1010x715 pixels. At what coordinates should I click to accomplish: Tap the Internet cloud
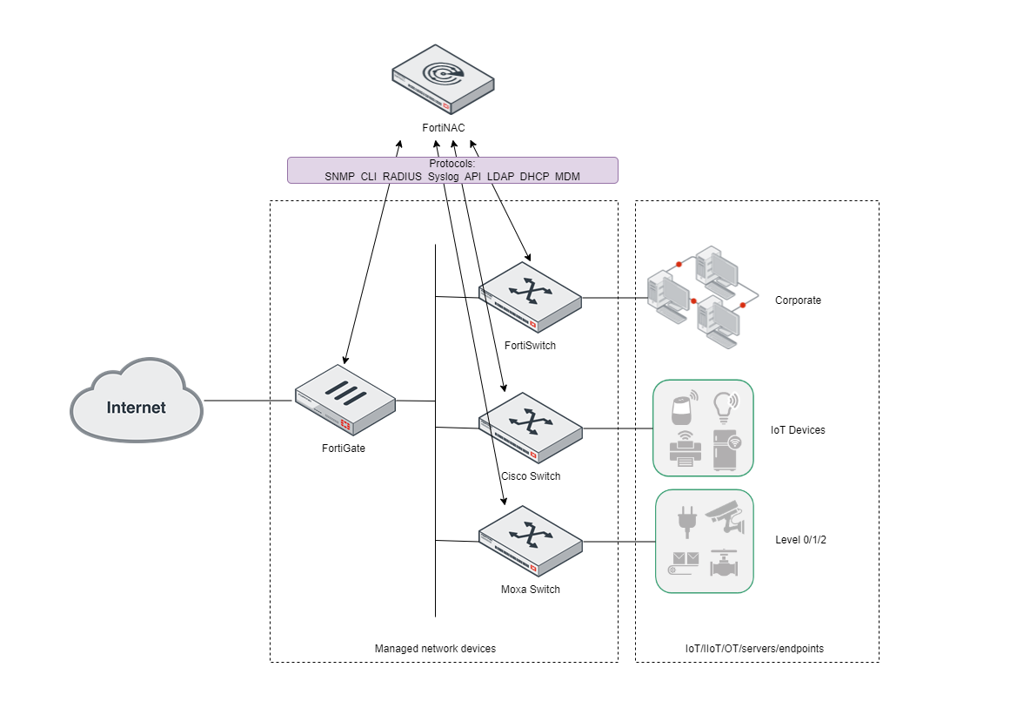[137, 407]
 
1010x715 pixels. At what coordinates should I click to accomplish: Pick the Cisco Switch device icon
[530, 427]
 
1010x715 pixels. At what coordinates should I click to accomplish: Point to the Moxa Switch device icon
[530, 541]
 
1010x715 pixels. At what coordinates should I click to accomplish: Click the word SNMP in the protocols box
[339, 177]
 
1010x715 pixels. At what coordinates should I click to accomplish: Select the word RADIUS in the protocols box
[402, 177]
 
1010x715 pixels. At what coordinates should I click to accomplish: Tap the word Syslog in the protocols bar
[443, 177]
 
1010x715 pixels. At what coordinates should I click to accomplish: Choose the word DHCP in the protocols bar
[534, 177]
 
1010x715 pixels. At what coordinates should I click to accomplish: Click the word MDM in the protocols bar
[567, 177]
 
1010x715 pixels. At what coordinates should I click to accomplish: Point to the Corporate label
[798, 300]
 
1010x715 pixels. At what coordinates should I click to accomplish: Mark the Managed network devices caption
[435, 649]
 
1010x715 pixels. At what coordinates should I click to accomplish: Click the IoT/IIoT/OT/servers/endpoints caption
[754, 649]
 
